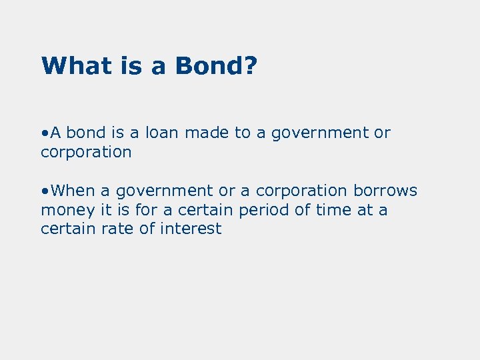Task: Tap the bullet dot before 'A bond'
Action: (x=43, y=133)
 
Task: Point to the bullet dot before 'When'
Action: (x=43, y=191)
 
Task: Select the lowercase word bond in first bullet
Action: (x=86, y=133)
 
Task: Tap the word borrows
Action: (x=385, y=191)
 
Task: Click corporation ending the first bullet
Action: (x=86, y=153)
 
